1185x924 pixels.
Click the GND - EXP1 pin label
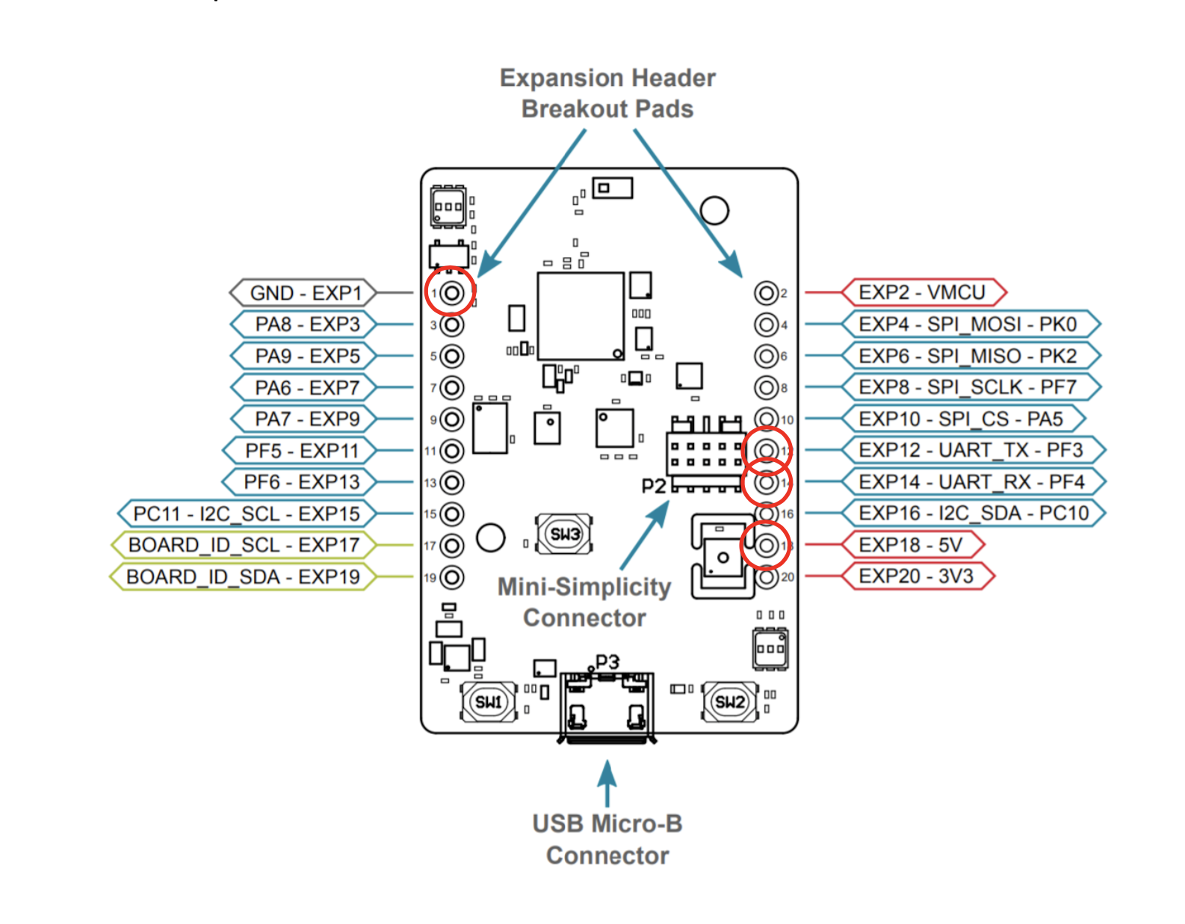click(305, 293)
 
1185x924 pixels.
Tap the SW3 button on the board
click(564, 534)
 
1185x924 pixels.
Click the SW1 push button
click(489, 701)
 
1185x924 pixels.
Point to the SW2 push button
click(729, 701)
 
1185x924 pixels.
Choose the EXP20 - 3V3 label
click(916, 576)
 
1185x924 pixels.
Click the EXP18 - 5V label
click(910, 545)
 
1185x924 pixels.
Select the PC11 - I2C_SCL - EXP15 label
click(246, 514)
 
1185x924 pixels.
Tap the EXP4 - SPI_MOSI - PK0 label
click(968, 324)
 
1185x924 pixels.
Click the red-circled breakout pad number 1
click(451, 292)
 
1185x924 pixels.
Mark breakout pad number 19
click(451, 577)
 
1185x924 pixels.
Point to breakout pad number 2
click(766, 292)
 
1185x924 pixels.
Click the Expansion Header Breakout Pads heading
click(607, 93)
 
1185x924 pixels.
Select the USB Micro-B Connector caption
click(607, 840)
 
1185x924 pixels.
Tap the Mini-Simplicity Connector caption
click(584, 603)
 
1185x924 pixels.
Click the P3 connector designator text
click(607, 662)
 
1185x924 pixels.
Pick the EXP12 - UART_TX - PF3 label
click(971, 450)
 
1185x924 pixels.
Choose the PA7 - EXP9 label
click(307, 419)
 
